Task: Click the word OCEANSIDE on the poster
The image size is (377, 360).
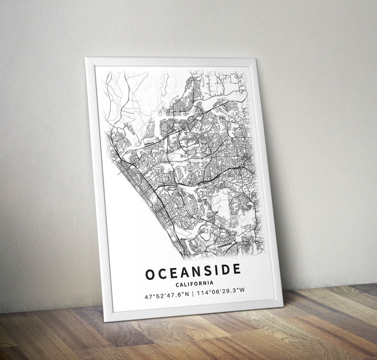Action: (x=193, y=272)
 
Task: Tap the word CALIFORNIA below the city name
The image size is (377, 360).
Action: (x=194, y=284)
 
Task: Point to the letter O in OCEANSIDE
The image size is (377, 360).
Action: (x=150, y=275)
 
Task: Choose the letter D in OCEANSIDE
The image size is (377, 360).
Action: (x=224, y=270)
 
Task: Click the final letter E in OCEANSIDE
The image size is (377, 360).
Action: (x=236, y=269)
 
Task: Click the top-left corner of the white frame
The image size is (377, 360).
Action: (x=86, y=58)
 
